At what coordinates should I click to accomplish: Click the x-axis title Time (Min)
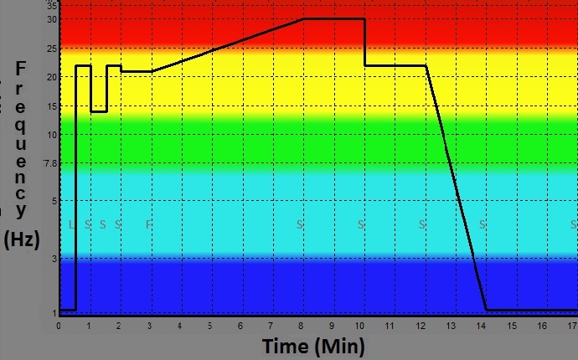(x=313, y=346)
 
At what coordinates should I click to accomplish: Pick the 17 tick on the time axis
(x=573, y=325)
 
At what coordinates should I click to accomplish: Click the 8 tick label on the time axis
(x=301, y=325)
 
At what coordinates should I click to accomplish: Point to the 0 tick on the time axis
(x=59, y=325)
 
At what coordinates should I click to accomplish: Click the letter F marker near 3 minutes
(x=149, y=224)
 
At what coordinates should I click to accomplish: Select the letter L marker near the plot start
(x=73, y=224)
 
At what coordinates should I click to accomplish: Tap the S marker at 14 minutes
(x=483, y=224)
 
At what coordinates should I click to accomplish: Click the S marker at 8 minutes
(x=301, y=224)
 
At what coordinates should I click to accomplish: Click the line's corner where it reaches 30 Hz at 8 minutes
(x=303, y=18)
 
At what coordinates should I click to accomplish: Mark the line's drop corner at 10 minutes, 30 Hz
(x=365, y=18)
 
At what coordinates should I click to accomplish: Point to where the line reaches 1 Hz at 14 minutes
(x=486, y=310)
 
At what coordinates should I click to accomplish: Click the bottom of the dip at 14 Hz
(x=99, y=111)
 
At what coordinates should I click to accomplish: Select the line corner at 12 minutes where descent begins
(x=426, y=65)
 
